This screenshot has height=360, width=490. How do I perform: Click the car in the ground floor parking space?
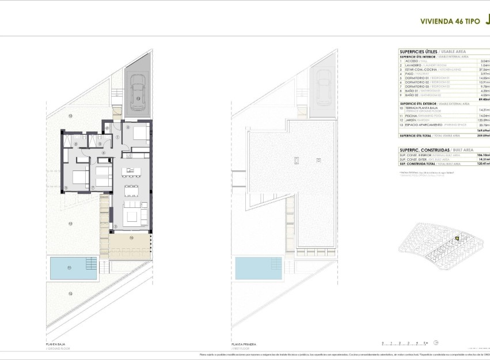[x=138, y=92]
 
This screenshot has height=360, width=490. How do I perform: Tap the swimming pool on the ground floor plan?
[x=67, y=267]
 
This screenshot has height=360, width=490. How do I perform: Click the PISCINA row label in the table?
[x=411, y=115]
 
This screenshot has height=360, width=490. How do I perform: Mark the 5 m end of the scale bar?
[x=428, y=343]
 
